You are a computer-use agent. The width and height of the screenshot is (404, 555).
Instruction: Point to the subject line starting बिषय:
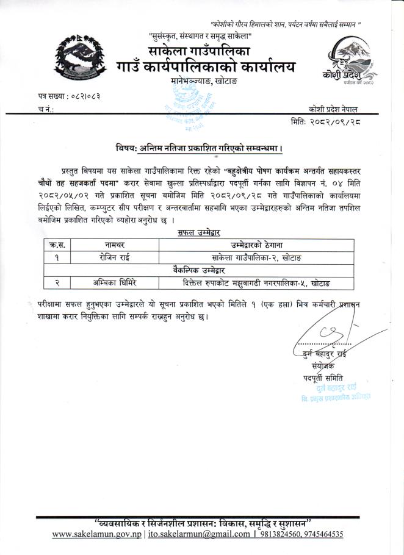coord(201,148)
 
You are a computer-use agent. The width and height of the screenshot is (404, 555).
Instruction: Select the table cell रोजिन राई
coord(113,257)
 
